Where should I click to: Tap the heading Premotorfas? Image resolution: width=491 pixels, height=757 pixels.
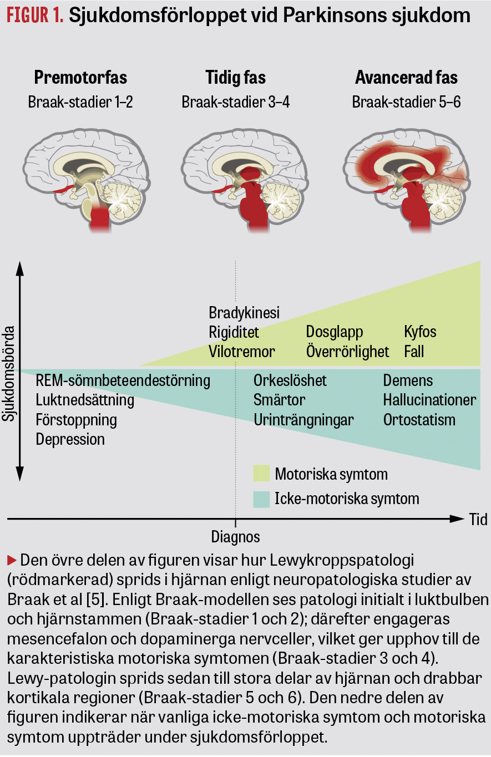coord(80,77)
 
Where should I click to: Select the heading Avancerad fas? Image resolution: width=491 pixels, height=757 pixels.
coord(406,77)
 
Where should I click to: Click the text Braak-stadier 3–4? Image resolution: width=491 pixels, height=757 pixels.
coord(235,102)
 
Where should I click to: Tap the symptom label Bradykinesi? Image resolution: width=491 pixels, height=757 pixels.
coord(244,312)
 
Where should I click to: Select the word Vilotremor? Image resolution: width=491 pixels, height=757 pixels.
coord(242,352)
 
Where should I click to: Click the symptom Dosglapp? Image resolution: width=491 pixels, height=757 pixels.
coord(335,332)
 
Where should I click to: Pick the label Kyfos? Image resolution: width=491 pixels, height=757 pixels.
coord(420,332)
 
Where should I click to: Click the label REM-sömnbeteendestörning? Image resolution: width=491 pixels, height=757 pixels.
coord(123,380)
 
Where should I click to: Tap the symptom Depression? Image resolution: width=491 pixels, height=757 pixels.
coord(70,439)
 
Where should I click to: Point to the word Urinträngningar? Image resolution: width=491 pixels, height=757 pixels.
coord(303,420)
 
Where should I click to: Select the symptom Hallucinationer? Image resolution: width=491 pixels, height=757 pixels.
coord(429,400)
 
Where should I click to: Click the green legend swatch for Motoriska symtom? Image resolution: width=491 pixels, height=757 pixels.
coord(261,474)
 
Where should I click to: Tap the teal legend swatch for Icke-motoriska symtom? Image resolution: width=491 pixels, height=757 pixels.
coord(261,499)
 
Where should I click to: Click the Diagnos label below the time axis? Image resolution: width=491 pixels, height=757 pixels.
coord(235,537)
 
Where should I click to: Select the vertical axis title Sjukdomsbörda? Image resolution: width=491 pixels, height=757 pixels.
coord(8,373)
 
